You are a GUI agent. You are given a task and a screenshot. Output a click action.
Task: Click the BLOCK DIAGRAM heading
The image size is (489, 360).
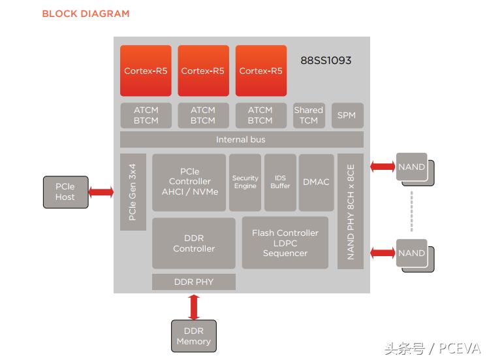(x=86, y=14)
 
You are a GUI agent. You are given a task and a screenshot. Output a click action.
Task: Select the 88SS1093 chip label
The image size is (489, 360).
(x=326, y=61)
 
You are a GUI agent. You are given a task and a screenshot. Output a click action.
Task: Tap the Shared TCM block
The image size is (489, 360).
(x=308, y=115)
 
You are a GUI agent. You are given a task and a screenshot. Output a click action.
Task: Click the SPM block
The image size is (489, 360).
(x=347, y=115)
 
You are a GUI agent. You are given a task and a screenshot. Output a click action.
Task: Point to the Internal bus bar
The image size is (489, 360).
(x=241, y=139)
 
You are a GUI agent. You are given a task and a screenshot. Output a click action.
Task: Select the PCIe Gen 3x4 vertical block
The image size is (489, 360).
(x=133, y=192)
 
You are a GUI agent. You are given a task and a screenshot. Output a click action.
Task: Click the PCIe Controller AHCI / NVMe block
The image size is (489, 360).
(x=189, y=182)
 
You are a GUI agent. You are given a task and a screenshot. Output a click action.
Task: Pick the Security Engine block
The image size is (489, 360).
(x=245, y=182)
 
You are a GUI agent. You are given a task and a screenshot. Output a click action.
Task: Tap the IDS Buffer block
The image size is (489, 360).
(x=280, y=182)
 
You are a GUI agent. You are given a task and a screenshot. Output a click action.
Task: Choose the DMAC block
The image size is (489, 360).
(x=316, y=182)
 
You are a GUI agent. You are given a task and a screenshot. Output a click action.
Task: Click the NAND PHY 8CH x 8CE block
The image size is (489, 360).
(x=351, y=211)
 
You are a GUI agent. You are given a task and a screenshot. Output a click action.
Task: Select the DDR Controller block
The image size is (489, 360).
(x=194, y=243)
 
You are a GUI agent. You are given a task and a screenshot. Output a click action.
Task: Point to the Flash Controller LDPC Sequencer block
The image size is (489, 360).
(x=285, y=243)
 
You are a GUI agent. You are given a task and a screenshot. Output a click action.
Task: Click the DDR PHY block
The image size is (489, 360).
(x=194, y=282)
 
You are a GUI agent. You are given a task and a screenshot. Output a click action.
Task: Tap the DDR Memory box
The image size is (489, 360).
(x=193, y=336)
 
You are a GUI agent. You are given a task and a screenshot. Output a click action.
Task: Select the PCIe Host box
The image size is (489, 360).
(x=65, y=192)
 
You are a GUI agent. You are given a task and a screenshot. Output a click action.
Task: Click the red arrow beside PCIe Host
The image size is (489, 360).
(x=101, y=192)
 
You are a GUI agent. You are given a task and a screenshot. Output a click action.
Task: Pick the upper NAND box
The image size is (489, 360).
(x=412, y=168)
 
